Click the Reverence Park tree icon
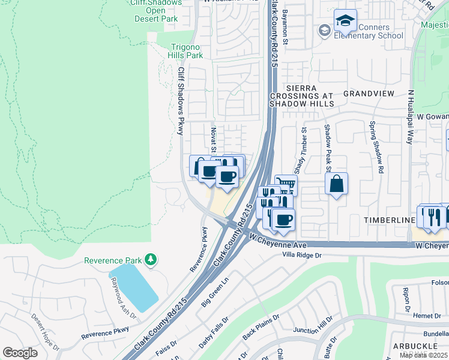coord(152,260)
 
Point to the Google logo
coord(20,353)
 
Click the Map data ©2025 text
coord(423,355)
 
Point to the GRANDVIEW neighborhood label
coord(369,94)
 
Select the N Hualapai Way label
coord(411,118)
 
